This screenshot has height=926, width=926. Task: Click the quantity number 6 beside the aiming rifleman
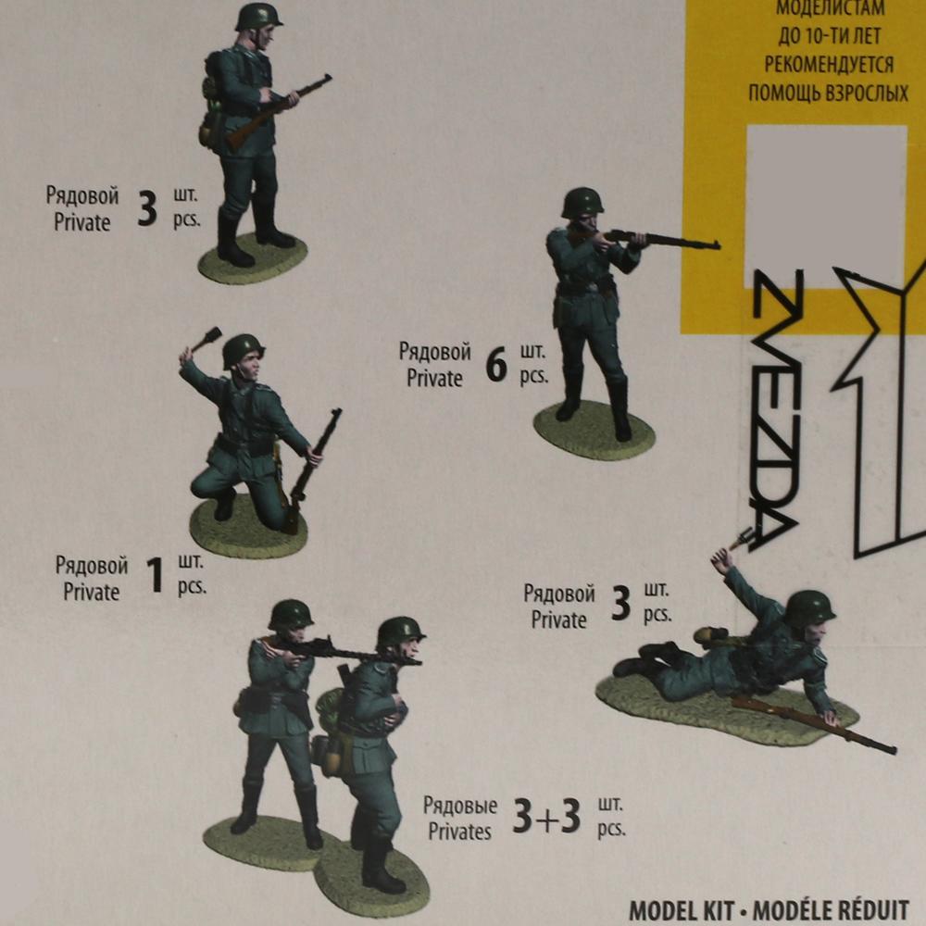point(496,367)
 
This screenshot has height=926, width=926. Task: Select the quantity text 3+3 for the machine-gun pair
point(546,817)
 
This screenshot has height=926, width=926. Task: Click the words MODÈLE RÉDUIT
point(831,910)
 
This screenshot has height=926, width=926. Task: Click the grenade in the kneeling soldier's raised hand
point(206,339)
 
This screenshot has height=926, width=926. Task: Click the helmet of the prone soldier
point(809,606)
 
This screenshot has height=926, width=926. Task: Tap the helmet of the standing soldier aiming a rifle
point(582,201)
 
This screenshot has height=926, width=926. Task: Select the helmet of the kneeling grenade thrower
point(243,348)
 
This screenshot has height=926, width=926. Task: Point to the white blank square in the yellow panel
point(825,194)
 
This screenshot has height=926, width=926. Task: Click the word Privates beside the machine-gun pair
point(459,831)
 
